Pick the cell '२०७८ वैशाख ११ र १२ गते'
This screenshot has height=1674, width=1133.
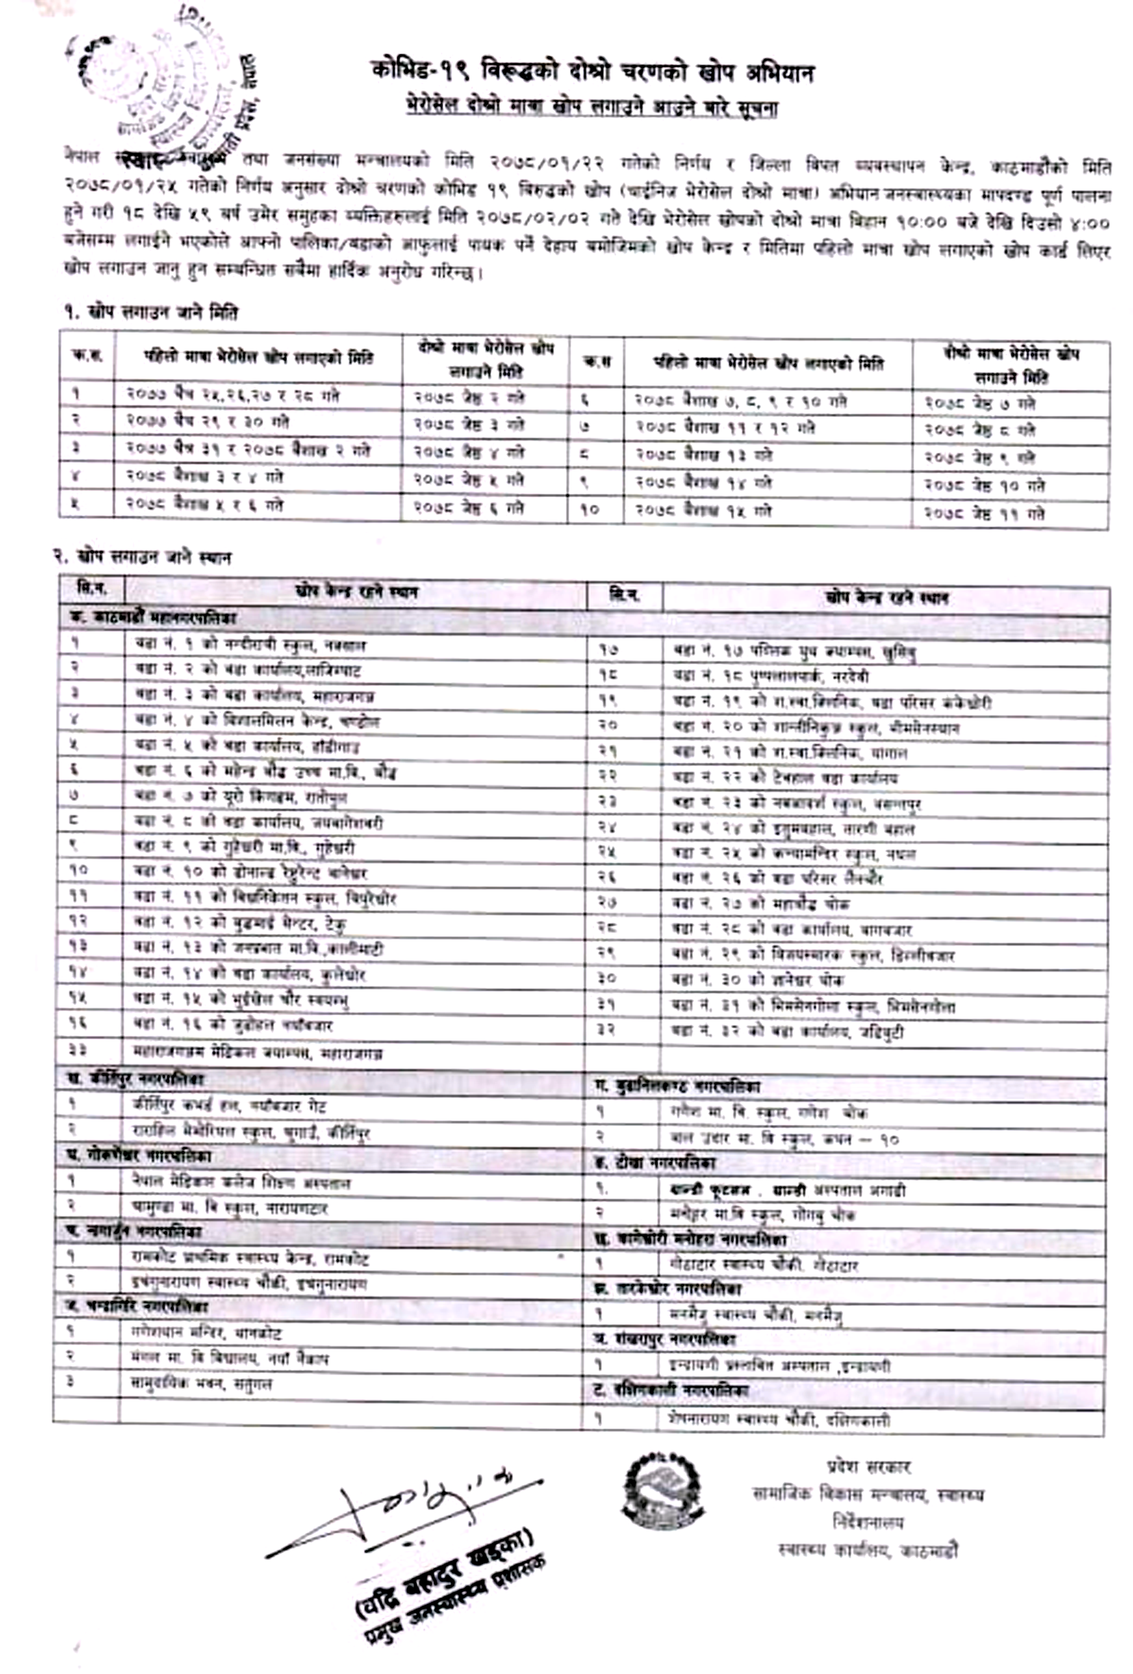724,428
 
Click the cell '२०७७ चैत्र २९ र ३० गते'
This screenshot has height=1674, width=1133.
208,421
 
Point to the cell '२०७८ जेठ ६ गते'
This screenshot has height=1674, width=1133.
469,507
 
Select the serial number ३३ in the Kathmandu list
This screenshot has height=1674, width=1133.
78,1051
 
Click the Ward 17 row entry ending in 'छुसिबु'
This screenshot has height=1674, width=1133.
793,652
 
